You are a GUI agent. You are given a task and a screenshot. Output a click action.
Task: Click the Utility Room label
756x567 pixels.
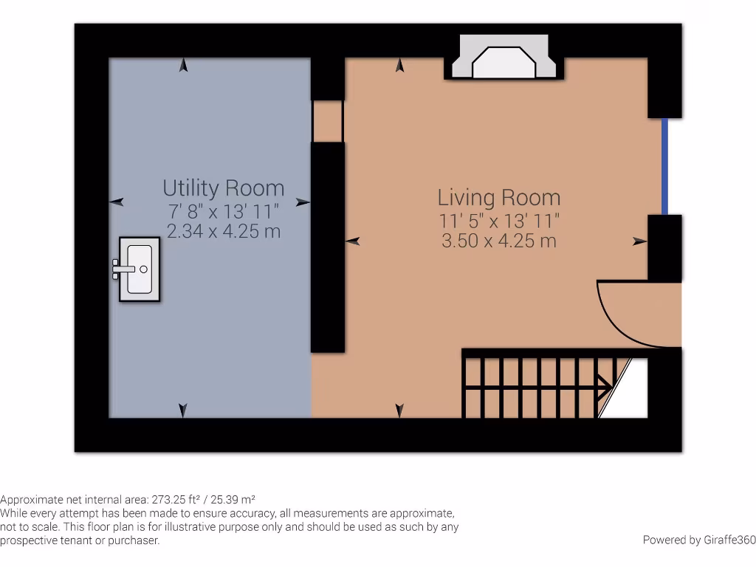coord(223,188)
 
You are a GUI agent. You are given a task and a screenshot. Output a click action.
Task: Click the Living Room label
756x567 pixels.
coord(499,197)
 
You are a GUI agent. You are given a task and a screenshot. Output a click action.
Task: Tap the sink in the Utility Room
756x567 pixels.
coord(139,269)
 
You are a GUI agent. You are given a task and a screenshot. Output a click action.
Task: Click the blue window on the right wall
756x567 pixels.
coord(664,166)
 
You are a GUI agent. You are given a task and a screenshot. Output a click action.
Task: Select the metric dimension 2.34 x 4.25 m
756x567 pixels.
coord(223,231)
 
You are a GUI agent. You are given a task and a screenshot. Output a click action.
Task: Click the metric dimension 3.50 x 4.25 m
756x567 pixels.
coord(499,241)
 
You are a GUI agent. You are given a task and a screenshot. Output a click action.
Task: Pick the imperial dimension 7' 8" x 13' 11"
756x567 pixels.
coord(223,210)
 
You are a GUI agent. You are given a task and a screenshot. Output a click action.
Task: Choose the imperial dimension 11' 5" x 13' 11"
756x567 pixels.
coord(499,220)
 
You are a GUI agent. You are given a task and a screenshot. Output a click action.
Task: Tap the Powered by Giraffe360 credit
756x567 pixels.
coord(698,540)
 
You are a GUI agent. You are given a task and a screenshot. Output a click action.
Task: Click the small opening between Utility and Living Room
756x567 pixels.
coord(328,121)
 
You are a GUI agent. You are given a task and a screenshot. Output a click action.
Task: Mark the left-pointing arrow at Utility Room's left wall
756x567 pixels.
coord(116,202)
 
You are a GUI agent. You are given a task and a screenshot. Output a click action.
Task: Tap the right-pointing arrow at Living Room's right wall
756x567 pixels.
coord(639,241)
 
